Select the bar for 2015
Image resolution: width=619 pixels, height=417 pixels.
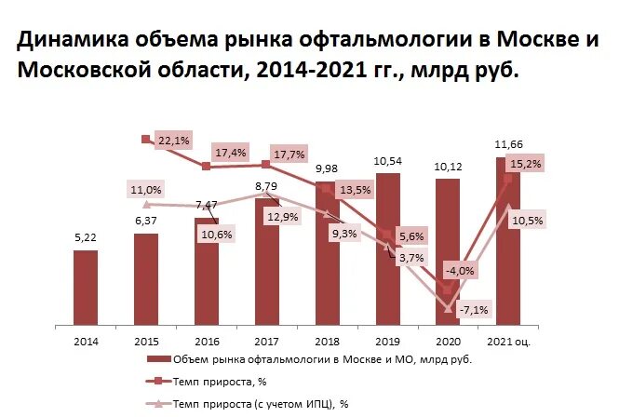pos(146,279)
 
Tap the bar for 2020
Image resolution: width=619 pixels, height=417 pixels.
pos(447,251)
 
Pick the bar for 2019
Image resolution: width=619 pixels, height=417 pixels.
pos(387,247)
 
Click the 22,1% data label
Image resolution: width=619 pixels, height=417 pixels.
pos(174,141)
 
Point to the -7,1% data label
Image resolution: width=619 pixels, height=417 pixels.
pos(474,309)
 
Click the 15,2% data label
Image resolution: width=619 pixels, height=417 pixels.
pos(527,164)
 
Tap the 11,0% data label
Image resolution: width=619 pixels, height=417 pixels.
pos(146,190)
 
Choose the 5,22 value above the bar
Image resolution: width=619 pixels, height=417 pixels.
pos(86,238)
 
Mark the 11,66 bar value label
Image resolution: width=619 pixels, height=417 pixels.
pos(508,143)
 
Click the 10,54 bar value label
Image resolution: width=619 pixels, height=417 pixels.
pos(387,161)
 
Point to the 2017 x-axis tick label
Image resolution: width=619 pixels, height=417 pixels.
pos(267,342)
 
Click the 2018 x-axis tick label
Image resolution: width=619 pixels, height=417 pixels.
pos(327,342)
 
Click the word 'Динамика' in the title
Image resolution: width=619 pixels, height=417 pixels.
pos(74,40)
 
